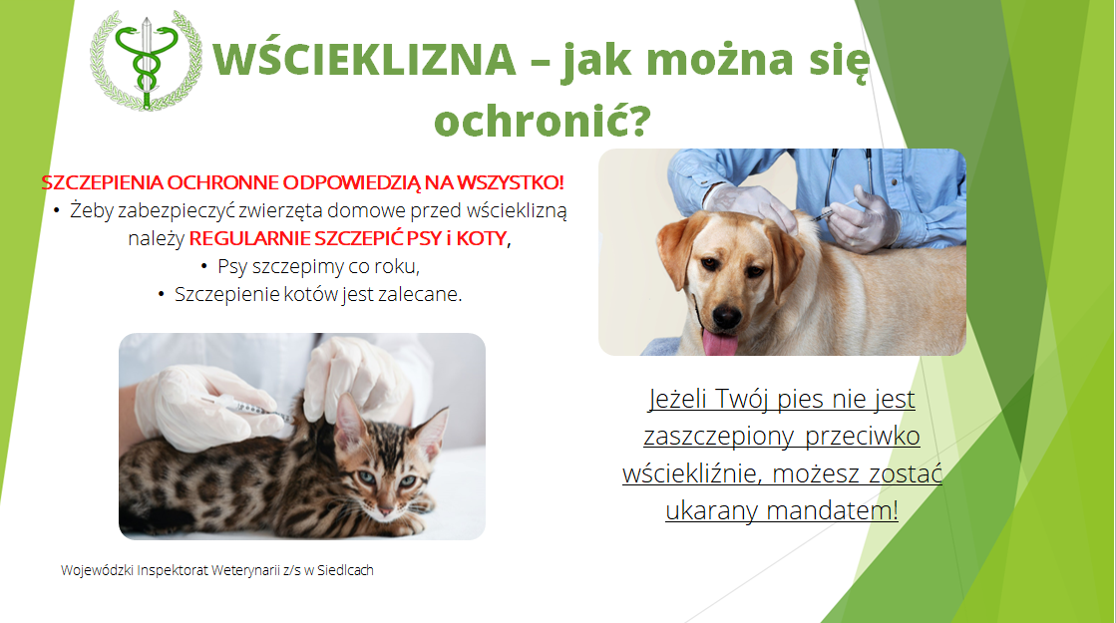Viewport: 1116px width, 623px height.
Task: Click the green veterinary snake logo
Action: coord(146,60)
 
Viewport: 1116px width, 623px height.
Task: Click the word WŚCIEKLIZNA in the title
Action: coord(364,59)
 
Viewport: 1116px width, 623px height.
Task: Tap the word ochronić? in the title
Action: coord(543,121)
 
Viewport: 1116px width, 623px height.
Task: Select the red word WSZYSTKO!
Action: coord(511,182)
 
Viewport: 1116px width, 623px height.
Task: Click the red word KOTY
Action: coord(482,238)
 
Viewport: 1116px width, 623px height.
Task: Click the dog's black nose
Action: coord(727,315)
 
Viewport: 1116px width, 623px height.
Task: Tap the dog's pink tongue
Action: coord(720,342)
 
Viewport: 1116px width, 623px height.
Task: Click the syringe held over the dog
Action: coord(834,209)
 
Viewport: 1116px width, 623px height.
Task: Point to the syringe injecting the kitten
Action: coord(244,408)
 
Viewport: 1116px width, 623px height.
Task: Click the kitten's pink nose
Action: coord(386,510)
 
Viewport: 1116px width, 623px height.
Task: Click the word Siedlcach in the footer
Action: coord(345,570)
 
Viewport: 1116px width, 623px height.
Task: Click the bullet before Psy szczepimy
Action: coord(204,267)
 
